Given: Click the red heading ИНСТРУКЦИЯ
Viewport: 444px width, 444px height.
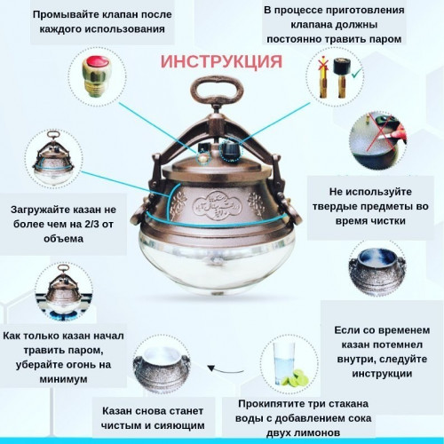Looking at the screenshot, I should click(223, 63).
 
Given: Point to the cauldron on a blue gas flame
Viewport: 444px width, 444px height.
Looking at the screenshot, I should click(63, 295).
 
